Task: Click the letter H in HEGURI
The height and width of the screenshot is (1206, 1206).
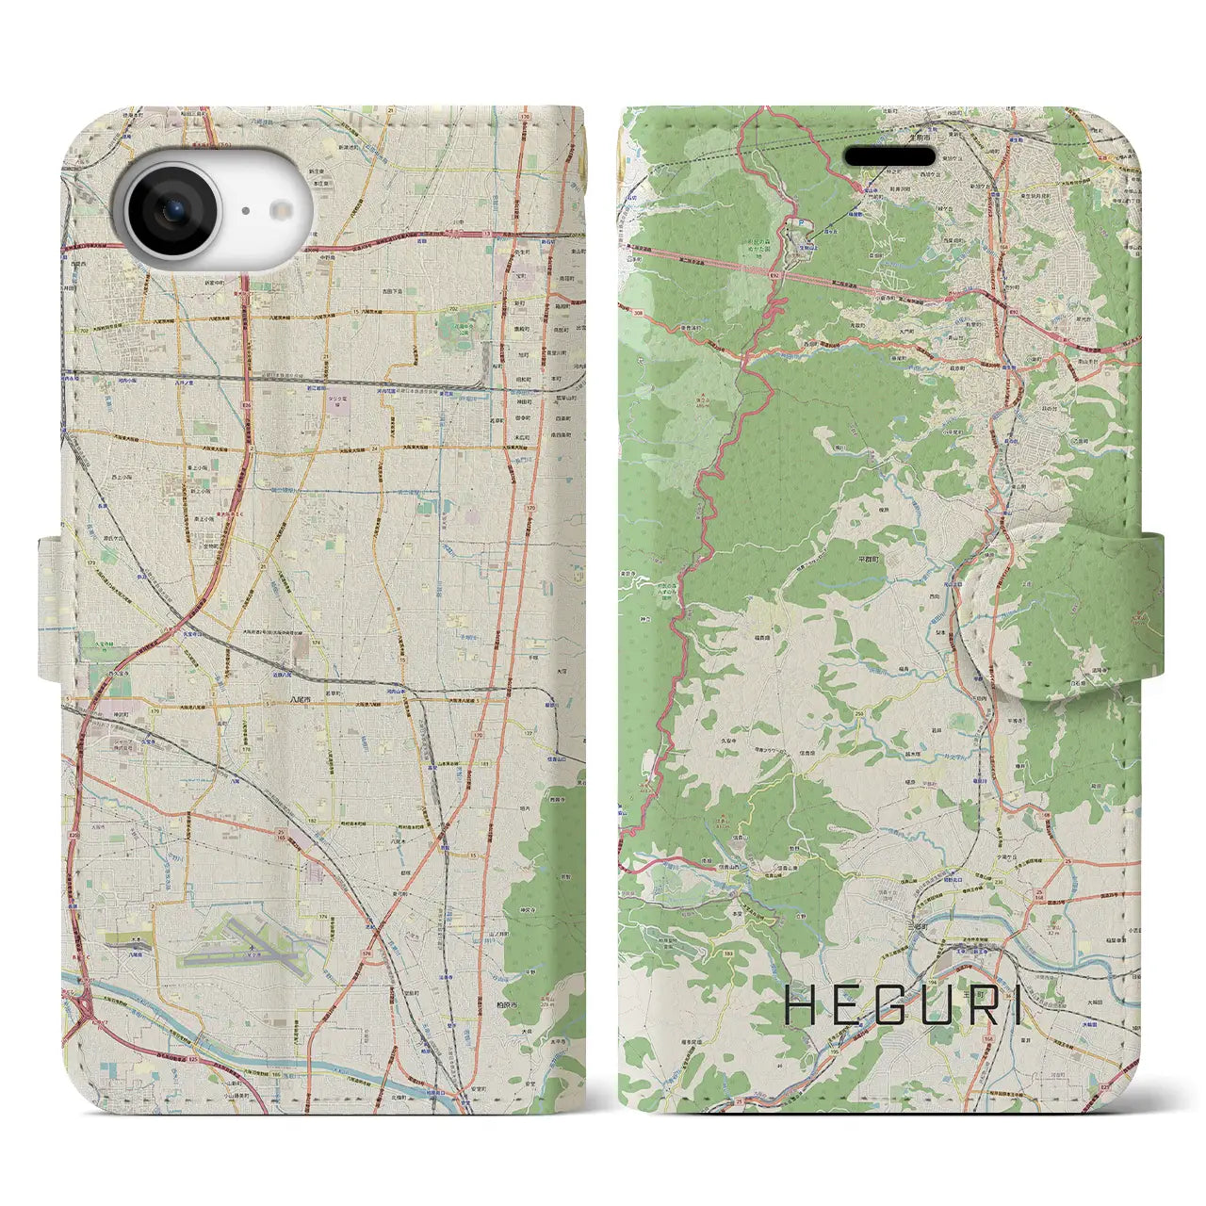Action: pyautogui.click(x=801, y=1007)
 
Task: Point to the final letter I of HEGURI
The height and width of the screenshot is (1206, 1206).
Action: pyautogui.click(x=1016, y=1007)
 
